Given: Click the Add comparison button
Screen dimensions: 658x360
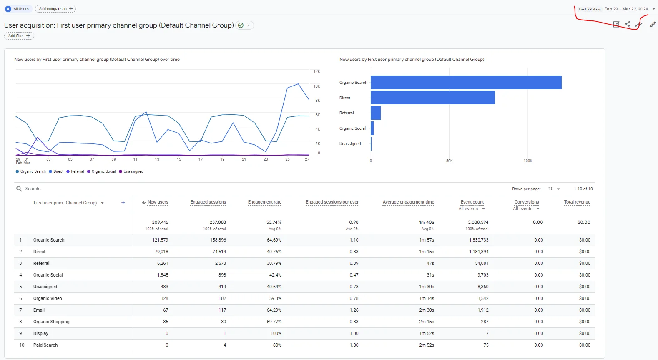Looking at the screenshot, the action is tap(55, 9).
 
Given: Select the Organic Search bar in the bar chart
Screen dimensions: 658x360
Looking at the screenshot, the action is tap(466, 82).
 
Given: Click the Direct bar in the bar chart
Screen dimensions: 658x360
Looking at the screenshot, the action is tap(433, 98).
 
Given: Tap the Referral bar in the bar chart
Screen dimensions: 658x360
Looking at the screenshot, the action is tap(376, 113).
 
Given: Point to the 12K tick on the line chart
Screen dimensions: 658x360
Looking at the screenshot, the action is tap(316, 72).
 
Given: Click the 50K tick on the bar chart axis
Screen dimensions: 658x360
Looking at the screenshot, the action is tap(449, 161).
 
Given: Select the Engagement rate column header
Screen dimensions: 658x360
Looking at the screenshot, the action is tap(265, 202).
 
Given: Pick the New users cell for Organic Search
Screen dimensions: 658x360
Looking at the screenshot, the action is tap(160, 240).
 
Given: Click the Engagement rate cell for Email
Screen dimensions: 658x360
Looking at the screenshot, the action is tap(274, 310).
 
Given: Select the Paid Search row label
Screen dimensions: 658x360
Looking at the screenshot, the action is tap(45, 345).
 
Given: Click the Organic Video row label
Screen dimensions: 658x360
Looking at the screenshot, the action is tap(48, 298).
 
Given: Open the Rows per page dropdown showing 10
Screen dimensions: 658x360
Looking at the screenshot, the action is tap(554, 189).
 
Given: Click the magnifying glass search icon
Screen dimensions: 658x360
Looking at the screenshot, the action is tap(19, 189).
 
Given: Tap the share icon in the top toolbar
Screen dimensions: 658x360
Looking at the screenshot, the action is tap(628, 24).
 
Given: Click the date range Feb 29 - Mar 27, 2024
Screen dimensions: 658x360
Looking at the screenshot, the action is tap(626, 9).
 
